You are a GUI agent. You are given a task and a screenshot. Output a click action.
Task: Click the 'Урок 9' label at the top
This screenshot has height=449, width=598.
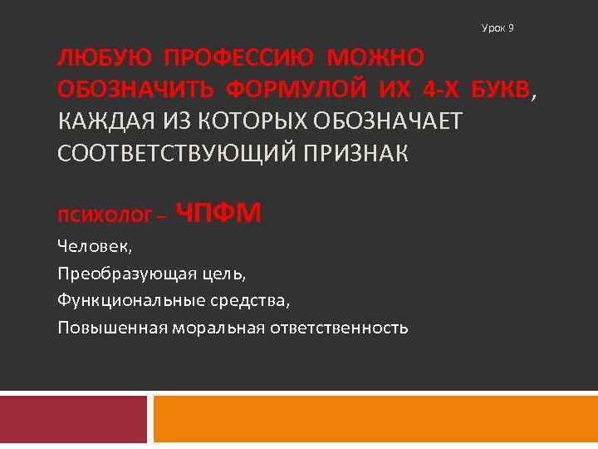pyautogui.click(x=498, y=28)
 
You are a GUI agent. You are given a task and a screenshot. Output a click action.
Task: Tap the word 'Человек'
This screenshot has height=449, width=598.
pyautogui.click(x=95, y=247)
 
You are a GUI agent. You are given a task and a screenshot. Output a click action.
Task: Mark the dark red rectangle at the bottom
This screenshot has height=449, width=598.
pyautogui.click(x=73, y=418)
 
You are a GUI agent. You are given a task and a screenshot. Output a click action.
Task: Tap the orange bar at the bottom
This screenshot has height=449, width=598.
pyautogui.click(x=375, y=418)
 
